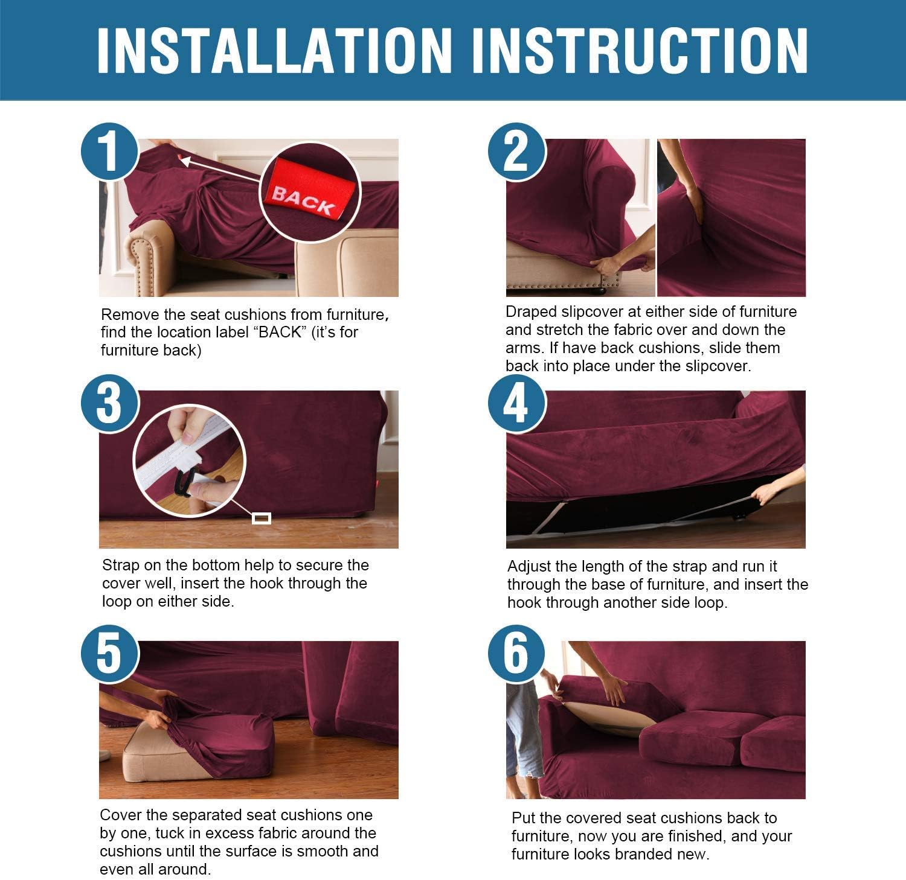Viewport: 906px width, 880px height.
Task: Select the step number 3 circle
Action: click(109, 403)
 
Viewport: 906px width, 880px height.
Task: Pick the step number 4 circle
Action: click(516, 403)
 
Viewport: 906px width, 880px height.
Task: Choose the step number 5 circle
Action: click(109, 653)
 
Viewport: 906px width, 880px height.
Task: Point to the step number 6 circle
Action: click(516, 653)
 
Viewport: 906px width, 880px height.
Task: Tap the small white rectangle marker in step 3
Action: click(261, 518)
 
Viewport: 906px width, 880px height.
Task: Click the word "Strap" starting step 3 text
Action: click(121, 566)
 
